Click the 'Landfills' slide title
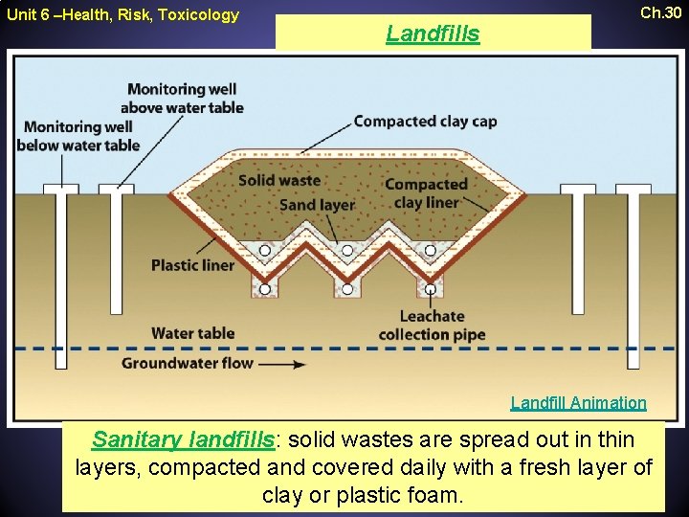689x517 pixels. pos(433,34)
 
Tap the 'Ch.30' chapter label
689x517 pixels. pos(661,13)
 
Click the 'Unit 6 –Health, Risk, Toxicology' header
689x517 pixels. pos(122,14)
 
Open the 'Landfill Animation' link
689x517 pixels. pos(578,403)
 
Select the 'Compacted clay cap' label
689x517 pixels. pos(425,122)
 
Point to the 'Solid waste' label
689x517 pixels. pos(279,180)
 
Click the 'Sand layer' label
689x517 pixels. pos(317,204)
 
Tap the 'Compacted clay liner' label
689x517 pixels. pos(426,192)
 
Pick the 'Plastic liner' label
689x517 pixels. pos(192,265)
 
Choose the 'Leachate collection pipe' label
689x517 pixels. pos(432,326)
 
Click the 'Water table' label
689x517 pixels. pos(192,333)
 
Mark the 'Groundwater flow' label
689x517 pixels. pos(187,363)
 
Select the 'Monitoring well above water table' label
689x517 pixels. pos(186,98)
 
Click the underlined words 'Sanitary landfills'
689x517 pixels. pos(183,439)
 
